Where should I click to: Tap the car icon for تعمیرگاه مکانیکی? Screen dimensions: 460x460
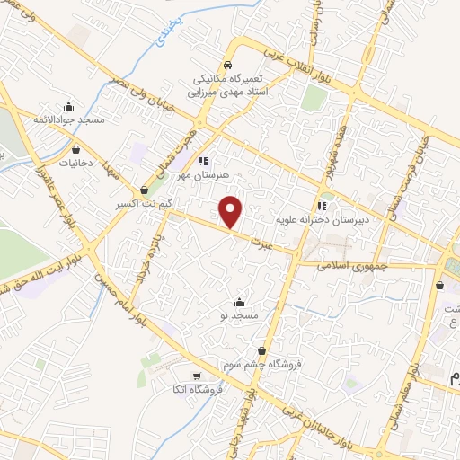click(228, 66)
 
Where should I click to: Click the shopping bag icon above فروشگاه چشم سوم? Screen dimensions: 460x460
click(261, 351)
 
